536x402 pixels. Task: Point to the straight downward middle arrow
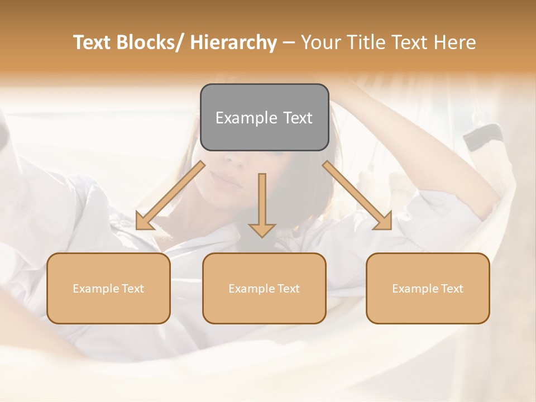(262, 204)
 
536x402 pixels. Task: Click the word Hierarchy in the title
(233, 42)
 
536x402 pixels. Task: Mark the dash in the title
(289, 42)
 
